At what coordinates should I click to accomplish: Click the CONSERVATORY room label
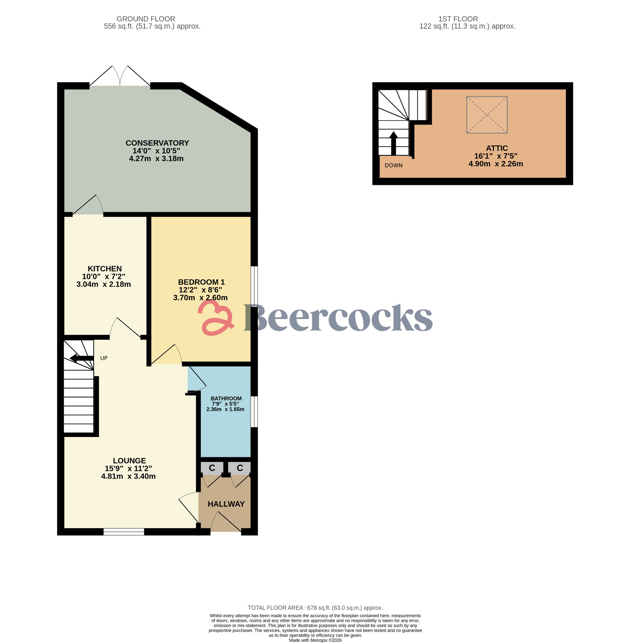coord(157,143)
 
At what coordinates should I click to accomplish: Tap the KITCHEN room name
coord(105,269)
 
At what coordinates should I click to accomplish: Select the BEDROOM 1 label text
coord(201,282)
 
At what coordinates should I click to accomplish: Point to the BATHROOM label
coord(226,399)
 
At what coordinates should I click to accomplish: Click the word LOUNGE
coord(129,461)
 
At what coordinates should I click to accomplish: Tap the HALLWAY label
coord(226,504)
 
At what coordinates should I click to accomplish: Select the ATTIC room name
coord(497,149)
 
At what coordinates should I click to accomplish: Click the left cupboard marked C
coord(212,468)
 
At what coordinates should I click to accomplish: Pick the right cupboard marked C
coord(240,468)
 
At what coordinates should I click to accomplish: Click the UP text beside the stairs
coord(104,358)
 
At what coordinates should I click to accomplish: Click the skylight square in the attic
coord(487,115)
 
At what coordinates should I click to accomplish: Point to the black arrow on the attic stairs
coord(393,143)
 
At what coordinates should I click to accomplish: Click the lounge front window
coord(124,532)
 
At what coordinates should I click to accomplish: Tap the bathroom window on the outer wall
coord(254,412)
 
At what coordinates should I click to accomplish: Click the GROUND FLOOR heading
coord(145,19)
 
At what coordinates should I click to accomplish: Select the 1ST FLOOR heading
coord(458,19)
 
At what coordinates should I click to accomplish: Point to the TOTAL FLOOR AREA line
coord(315,608)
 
